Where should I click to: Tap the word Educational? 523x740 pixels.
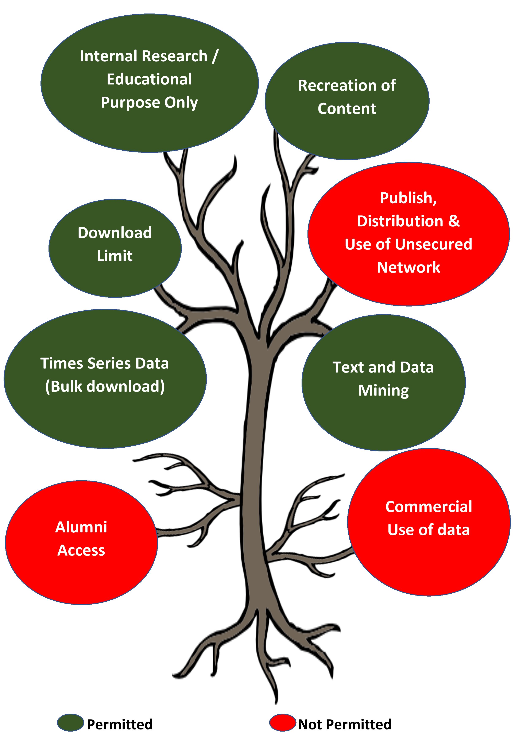tap(149, 79)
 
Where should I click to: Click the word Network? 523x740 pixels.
tap(409, 267)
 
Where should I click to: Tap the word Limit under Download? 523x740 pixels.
tap(115, 256)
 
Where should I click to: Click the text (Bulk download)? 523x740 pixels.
tap(105, 386)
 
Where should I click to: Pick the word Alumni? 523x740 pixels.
tap(81, 527)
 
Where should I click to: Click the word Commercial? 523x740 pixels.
tap(429, 507)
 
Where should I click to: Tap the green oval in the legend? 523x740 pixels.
tap(71, 722)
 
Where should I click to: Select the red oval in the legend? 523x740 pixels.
tap(283, 722)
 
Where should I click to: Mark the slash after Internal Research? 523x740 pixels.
tap(215, 56)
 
